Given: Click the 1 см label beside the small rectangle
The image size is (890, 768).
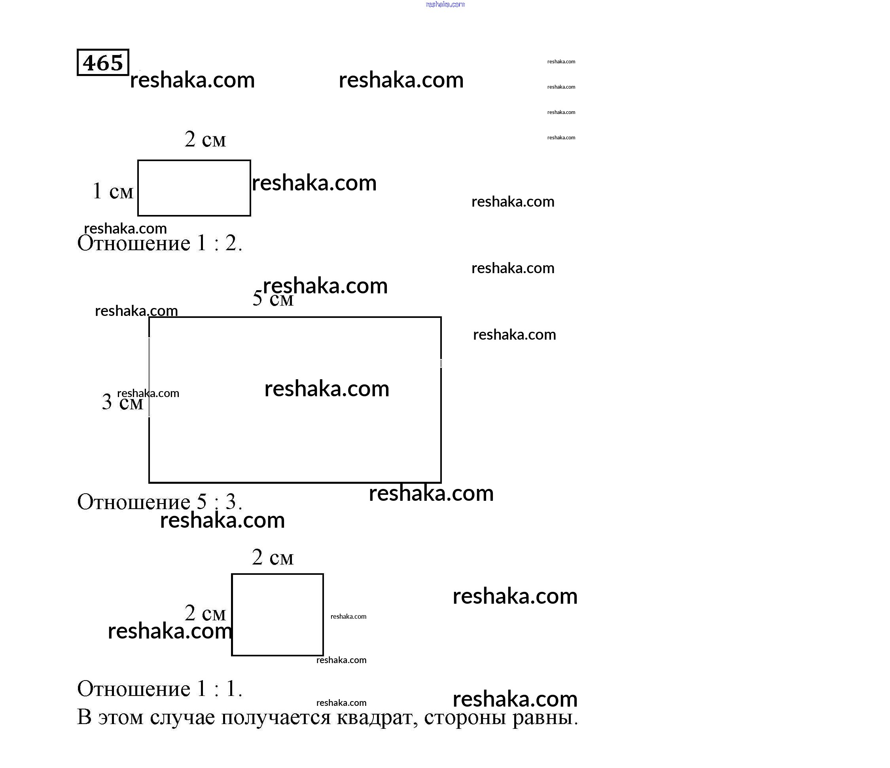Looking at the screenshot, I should (113, 191).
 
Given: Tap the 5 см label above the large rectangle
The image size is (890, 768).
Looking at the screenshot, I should (273, 298).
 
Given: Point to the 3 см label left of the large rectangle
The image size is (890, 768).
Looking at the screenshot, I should (122, 402).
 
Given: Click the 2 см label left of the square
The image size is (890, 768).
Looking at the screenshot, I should (205, 613).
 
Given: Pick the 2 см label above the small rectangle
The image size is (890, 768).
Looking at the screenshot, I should (205, 139).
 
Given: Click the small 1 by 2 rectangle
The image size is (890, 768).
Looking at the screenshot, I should (194, 188).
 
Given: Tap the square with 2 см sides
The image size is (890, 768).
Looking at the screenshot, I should (277, 614).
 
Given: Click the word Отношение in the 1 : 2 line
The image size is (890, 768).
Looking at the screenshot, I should (134, 243).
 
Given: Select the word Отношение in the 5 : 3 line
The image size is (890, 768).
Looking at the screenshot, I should (134, 502).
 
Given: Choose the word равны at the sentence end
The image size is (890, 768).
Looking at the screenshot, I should (543, 717).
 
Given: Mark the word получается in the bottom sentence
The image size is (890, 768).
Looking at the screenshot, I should (276, 717).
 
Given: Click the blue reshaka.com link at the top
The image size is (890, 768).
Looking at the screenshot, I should (445, 4).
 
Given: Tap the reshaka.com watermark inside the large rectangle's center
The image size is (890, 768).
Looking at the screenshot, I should (326, 388).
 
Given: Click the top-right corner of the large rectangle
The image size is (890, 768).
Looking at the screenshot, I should (441, 317).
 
